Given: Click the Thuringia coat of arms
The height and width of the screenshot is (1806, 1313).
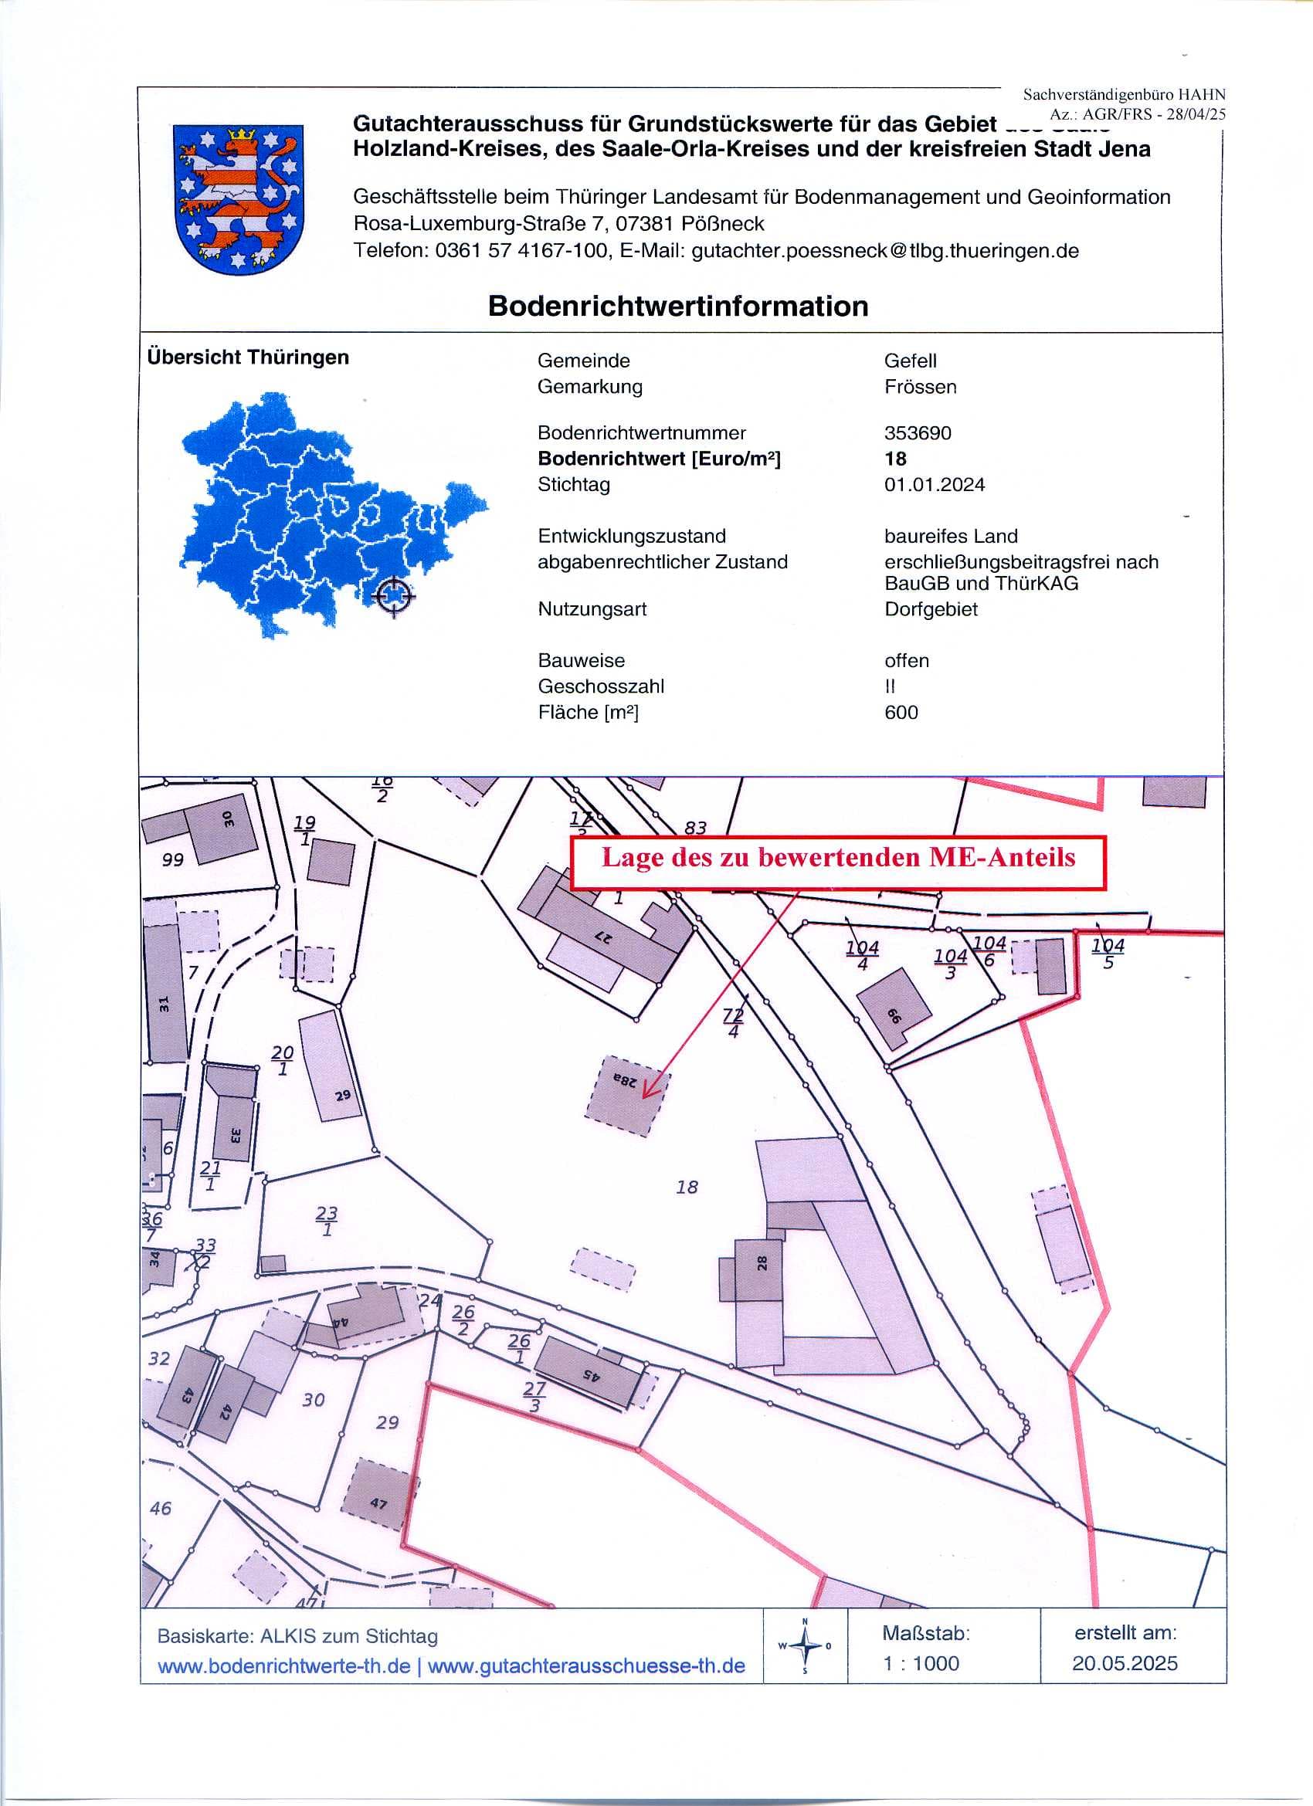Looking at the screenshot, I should tap(237, 199).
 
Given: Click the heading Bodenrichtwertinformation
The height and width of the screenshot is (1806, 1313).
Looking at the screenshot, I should tap(678, 307).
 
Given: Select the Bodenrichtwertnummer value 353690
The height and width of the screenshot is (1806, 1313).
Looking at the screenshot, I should tap(918, 433).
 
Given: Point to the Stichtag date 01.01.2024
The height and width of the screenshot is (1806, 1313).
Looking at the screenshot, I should tap(935, 485).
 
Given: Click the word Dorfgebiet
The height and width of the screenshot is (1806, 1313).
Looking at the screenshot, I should tap(931, 609).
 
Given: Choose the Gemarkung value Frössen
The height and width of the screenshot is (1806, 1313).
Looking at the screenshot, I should tap(920, 387).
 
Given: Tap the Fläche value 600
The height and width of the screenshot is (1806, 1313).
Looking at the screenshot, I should tap(901, 713).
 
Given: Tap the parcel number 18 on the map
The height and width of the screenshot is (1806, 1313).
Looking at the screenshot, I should tap(687, 1188).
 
